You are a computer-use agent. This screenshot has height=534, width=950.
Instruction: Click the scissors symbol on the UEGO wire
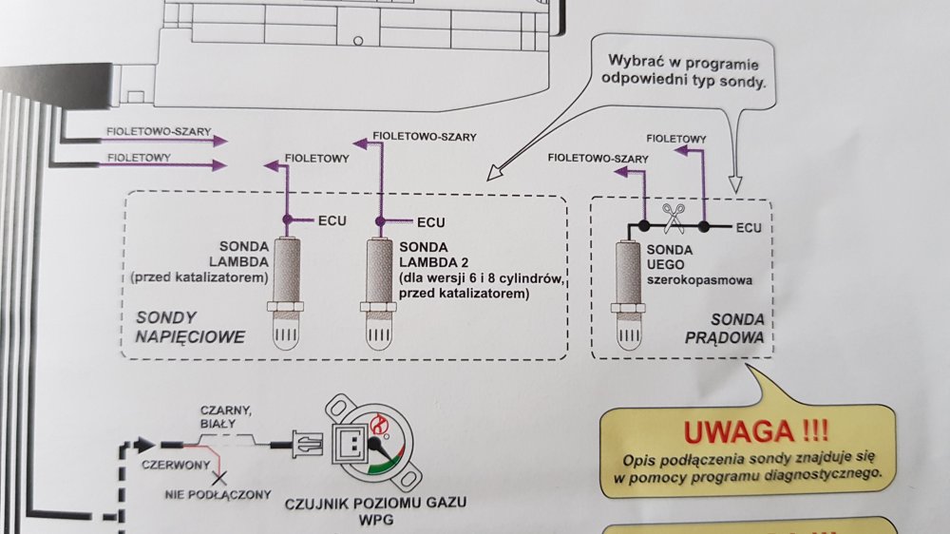pyautogui.click(x=674, y=219)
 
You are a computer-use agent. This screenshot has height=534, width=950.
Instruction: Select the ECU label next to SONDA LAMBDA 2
pyautogui.click(x=430, y=222)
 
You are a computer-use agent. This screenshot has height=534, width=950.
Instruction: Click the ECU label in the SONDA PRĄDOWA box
pyautogui.click(x=749, y=228)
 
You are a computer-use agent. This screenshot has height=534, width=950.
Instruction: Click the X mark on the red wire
pyautogui.click(x=218, y=479)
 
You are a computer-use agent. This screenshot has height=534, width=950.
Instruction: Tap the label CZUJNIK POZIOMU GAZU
pyautogui.click(x=375, y=503)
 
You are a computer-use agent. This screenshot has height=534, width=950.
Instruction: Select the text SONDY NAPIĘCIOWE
pyautogui.click(x=190, y=327)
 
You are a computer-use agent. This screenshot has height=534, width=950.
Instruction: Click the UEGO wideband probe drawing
pyautogui.click(x=628, y=295)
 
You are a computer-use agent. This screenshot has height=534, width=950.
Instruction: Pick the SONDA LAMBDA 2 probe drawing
pyautogui.click(x=379, y=294)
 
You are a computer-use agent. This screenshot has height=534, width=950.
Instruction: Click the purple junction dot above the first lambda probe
pyautogui.click(x=288, y=219)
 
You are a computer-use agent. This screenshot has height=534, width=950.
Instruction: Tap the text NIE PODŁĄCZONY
pyautogui.click(x=218, y=495)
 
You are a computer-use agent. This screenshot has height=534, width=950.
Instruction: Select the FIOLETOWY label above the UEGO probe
pyautogui.click(x=676, y=139)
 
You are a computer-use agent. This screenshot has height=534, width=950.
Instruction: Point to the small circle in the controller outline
pyautogui.click(x=358, y=41)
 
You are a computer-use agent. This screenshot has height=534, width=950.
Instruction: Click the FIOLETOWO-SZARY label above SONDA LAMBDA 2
pyautogui.click(x=424, y=137)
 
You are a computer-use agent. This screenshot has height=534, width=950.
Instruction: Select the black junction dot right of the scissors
pyautogui.click(x=703, y=227)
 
